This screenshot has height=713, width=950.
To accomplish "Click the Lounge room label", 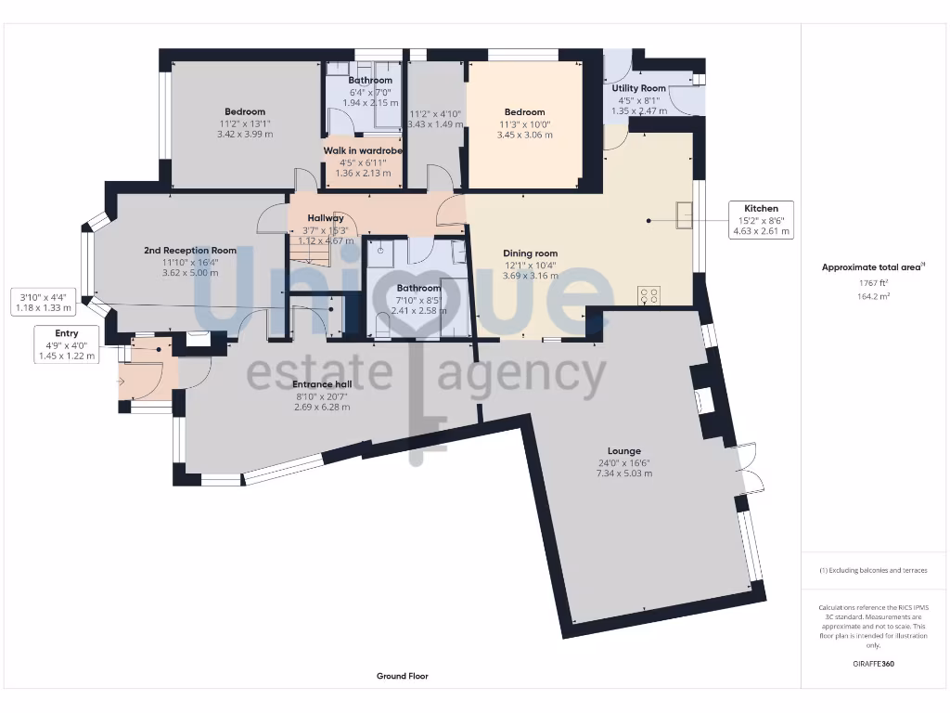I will tap(619, 451).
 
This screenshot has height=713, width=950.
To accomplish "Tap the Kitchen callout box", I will tap(760, 220).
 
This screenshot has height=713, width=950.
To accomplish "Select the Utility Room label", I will tap(638, 88).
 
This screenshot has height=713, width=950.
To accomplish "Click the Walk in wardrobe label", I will tap(362, 150).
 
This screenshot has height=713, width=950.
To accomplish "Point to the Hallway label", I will tap(326, 218).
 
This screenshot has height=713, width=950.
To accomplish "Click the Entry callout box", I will tap(66, 344).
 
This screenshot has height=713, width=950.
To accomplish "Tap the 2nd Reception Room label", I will tap(189, 251).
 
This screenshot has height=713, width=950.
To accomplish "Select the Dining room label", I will tap(530, 253).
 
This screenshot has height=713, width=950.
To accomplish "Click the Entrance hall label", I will tap(320, 384).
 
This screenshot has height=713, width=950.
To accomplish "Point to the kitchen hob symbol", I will tap(649, 296).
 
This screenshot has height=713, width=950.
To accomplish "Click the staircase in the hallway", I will tap(311, 253).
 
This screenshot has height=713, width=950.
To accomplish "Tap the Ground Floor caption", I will tap(402, 676).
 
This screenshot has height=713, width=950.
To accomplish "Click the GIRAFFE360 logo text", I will tap(872, 664).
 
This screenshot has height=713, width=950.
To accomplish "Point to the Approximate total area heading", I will tap(872, 267).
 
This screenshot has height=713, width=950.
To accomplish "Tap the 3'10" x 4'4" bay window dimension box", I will tap(52, 303).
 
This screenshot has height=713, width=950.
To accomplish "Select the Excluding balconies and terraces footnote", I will tap(872, 570).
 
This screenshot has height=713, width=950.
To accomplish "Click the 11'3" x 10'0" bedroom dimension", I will tap(526, 123).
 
